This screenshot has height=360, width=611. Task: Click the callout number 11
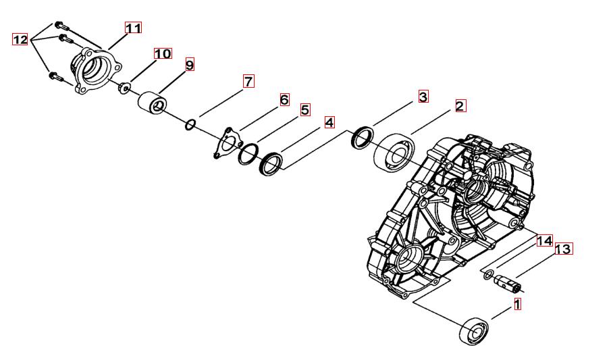pyautogui.click(x=133, y=28)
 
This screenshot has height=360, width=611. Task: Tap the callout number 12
pyautogui.click(x=20, y=39)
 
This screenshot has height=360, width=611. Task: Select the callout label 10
pyautogui.click(x=163, y=53)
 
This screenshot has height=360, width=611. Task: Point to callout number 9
pyautogui.click(x=190, y=65)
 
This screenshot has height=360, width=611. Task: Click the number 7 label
pyautogui.click(x=248, y=82)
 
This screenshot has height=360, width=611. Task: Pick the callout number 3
pyautogui.click(x=423, y=97)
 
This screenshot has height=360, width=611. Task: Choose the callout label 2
pyautogui.click(x=460, y=106)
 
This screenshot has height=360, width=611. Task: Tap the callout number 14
pyautogui.click(x=545, y=240)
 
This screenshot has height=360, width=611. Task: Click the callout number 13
pyautogui.click(x=563, y=249)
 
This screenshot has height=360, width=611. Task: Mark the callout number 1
pyautogui.click(x=517, y=304)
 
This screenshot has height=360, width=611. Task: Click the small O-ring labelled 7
pyautogui.click(x=190, y=125)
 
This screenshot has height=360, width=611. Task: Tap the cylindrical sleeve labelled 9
pyautogui.click(x=153, y=103)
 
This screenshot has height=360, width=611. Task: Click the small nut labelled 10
pyautogui.click(x=124, y=88)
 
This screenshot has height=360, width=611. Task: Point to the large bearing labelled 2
pyautogui.click(x=395, y=152)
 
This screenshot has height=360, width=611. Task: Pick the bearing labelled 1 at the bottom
pyautogui.click(x=475, y=332)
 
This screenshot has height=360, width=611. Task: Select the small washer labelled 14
pyautogui.click(x=488, y=276)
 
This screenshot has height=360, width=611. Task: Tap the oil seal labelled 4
pyautogui.click(x=271, y=164)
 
